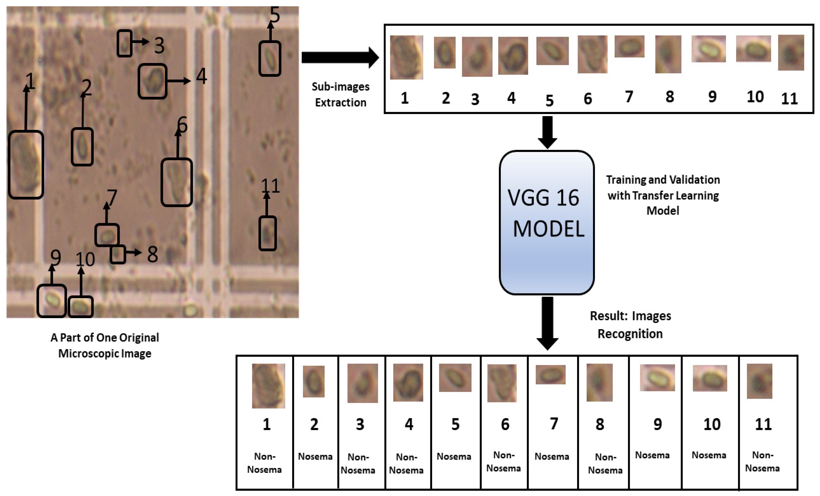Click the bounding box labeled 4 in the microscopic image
tap(152, 81)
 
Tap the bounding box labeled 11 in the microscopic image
tap(268, 233)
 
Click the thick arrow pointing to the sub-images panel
tap(339, 57)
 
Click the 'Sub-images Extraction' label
tap(340, 95)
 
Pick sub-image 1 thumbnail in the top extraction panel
tap(406, 57)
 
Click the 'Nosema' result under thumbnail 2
tap(315, 456)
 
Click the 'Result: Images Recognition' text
tap(630, 325)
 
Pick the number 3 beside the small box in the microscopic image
tap(159, 46)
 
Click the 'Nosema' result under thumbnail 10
tap(709, 455)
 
